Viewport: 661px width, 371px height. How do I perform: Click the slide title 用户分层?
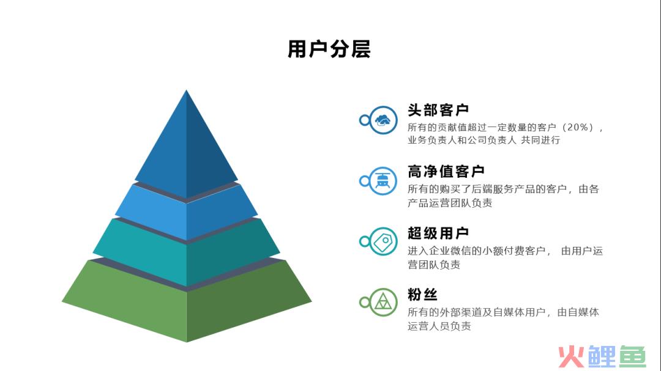pyautogui.click(x=329, y=49)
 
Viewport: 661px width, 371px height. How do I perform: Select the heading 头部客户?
pyautogui.click(x=438, y=110)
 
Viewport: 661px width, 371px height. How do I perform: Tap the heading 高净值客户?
pyautogui.click(x=446, y=171)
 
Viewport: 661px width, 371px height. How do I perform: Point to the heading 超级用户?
pyautogui.click(x=438, y=233)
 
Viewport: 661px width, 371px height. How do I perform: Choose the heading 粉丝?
pyautogui.click(x=422, y=295)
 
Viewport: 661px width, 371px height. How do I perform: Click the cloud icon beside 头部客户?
pyautogui.click(x=383, y=120)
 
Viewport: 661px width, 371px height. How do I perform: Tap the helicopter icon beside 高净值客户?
pyautogui.click(x=383, y=181)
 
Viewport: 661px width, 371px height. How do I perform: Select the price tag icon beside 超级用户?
pyautogui.click(x=383, y=241)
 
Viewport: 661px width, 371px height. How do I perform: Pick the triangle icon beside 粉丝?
pyautogui.click(x=383, y=302)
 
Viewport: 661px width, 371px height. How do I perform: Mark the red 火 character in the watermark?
pyautogui.click(x=571, y=357)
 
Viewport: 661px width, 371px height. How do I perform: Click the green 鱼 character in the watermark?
pyautogui.click(x=632, y=357)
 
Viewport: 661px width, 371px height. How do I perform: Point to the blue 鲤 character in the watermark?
pyautogui.click(x=602, y=357)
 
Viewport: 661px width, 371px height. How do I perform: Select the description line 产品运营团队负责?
pyautogui.click(x=450, y=203)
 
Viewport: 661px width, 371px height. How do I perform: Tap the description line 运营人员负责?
pyautogui.click(x=439, y=326)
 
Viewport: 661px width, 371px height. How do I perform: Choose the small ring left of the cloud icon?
pyautogui.click(x=365, y=120)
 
